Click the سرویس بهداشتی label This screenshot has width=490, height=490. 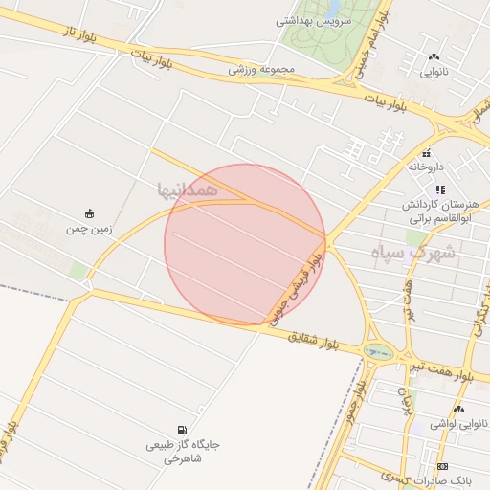coord(314,20)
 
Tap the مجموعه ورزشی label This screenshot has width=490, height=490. coord(261,69)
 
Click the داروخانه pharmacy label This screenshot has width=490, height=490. coord(427,167)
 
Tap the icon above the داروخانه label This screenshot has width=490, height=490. coord(427,153)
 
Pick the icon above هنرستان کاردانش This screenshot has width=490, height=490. coord(440,189)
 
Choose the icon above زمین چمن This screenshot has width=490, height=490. coord(89,213)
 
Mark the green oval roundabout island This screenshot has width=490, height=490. coord(377,352)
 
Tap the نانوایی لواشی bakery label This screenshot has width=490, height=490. coord(459,423)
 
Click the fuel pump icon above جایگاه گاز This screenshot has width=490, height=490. coord(182,431)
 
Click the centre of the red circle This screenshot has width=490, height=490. coord(245,244)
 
